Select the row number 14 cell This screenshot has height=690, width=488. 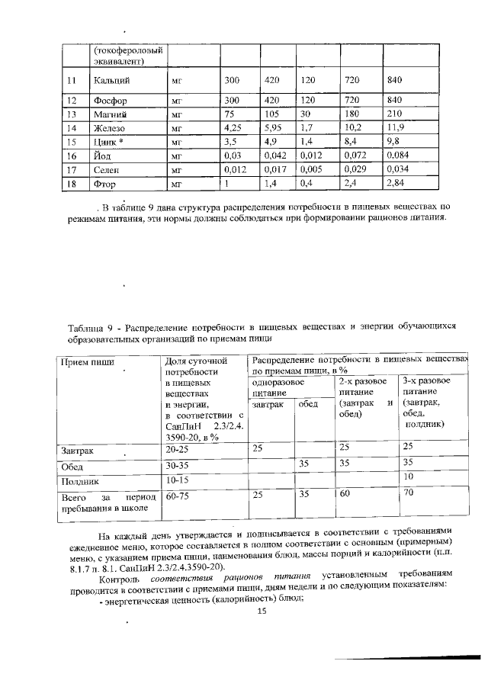click(72, 128)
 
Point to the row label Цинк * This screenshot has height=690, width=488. click(110, 142)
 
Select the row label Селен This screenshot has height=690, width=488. click(107, 170)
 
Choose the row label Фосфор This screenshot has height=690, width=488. click(110, 101)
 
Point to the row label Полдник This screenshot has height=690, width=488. click(80, 481)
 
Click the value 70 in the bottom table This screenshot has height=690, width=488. click(408, 493)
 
